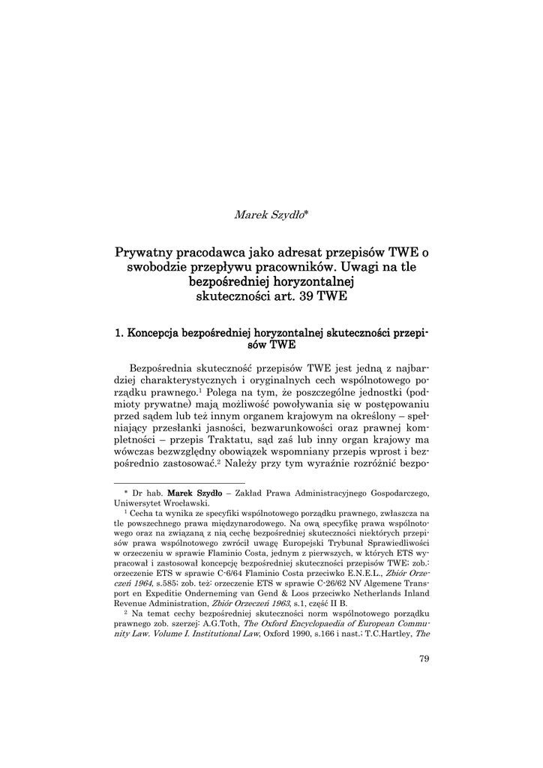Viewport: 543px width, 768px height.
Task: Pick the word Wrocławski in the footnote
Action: pos(181,503)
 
